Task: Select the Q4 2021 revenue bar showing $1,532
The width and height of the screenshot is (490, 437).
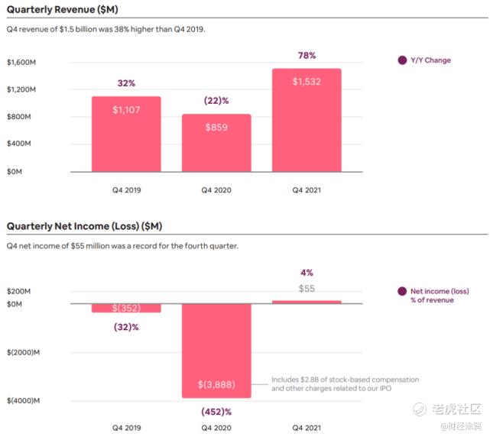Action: click(x=307, y=122)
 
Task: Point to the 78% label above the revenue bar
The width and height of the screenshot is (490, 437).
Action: click(x=307, y=56)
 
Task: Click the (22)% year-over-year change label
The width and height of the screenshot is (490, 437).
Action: click(x=216, y=101)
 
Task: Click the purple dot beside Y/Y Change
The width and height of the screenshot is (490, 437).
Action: click(x=402, y=60)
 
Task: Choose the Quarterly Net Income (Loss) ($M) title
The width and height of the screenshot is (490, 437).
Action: click(x=84, y=226)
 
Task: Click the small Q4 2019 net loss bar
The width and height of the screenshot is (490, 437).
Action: click(x=126, y=308)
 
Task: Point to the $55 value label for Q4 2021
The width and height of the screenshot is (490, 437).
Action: click(x=307, y=289)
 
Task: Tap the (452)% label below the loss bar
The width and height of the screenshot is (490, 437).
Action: click(x=216, y=412)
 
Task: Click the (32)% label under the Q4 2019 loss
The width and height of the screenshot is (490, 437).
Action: click(x=126, y=327)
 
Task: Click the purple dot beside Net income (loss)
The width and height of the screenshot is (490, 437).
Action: click(x=402, y=291)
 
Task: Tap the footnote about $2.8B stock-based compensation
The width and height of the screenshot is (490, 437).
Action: click(x=344, y=384)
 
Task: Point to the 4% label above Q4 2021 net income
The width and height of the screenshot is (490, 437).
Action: click(x=307, y=272)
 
